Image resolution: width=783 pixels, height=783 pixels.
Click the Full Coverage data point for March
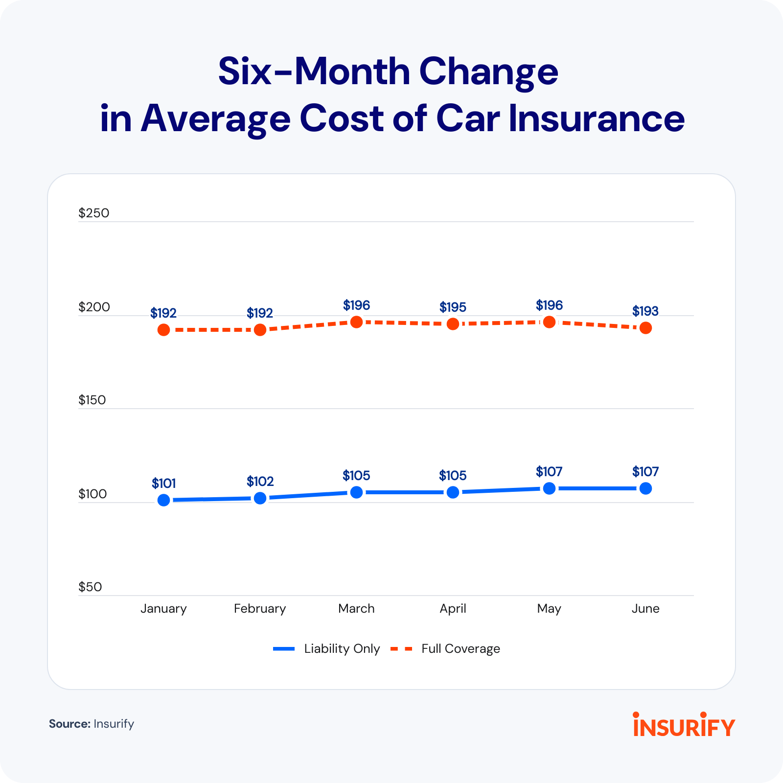click(x=356, y=322)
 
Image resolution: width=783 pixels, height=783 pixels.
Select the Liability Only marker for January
click(x=163, y=500)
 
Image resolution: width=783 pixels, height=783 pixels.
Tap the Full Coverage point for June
click(x=645, y=328)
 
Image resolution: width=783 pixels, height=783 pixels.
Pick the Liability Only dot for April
click(x=453, y=492)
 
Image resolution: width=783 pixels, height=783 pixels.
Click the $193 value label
click(x=645, y=311)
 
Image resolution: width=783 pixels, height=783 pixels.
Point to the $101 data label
click(x=163, y=484)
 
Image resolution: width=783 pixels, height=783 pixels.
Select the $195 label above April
click(x=453, y=307)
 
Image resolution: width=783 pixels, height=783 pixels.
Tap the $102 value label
click(x=260, y=482)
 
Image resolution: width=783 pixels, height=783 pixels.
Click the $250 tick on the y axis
click(x=94, y=213)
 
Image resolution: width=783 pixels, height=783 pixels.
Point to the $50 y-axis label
click(x=90, y=587)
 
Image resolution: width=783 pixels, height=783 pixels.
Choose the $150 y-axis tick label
click(x=92, y=400)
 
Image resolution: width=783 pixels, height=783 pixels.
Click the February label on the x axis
click(x=260, y=609)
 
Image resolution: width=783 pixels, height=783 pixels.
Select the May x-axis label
click(x=549, y=609)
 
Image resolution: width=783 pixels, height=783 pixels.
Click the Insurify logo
click(x=684, y=725)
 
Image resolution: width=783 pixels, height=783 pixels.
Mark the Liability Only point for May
click(x=549, y=488)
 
